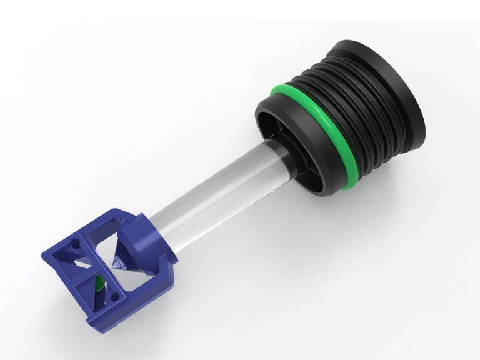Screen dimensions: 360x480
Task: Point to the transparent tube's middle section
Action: point(212,187)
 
